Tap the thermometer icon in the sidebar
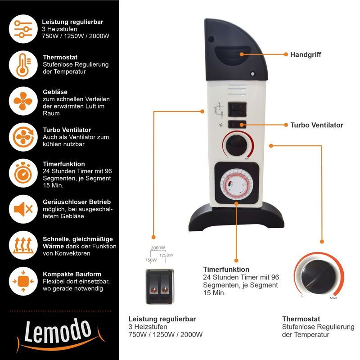coord(23,65)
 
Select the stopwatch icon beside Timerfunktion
coord(23,173)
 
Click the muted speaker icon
coord(23,209)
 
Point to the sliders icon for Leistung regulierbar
coord(23,29)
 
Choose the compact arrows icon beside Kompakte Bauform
coord(23,281)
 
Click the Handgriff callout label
coord(306,54)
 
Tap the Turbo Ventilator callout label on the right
coord(317,125)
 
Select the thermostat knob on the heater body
coord(237,145)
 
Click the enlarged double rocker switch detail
coord(160,287)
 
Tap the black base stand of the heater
coord(237,217)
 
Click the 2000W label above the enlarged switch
coord(158,248)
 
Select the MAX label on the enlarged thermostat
coord(333,298)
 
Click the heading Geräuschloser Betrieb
coord(76,202)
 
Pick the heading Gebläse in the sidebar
coord(55,92)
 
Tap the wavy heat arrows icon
coord(23,245)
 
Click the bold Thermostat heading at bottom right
coord(301,319)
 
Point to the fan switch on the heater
coord(237,125)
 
